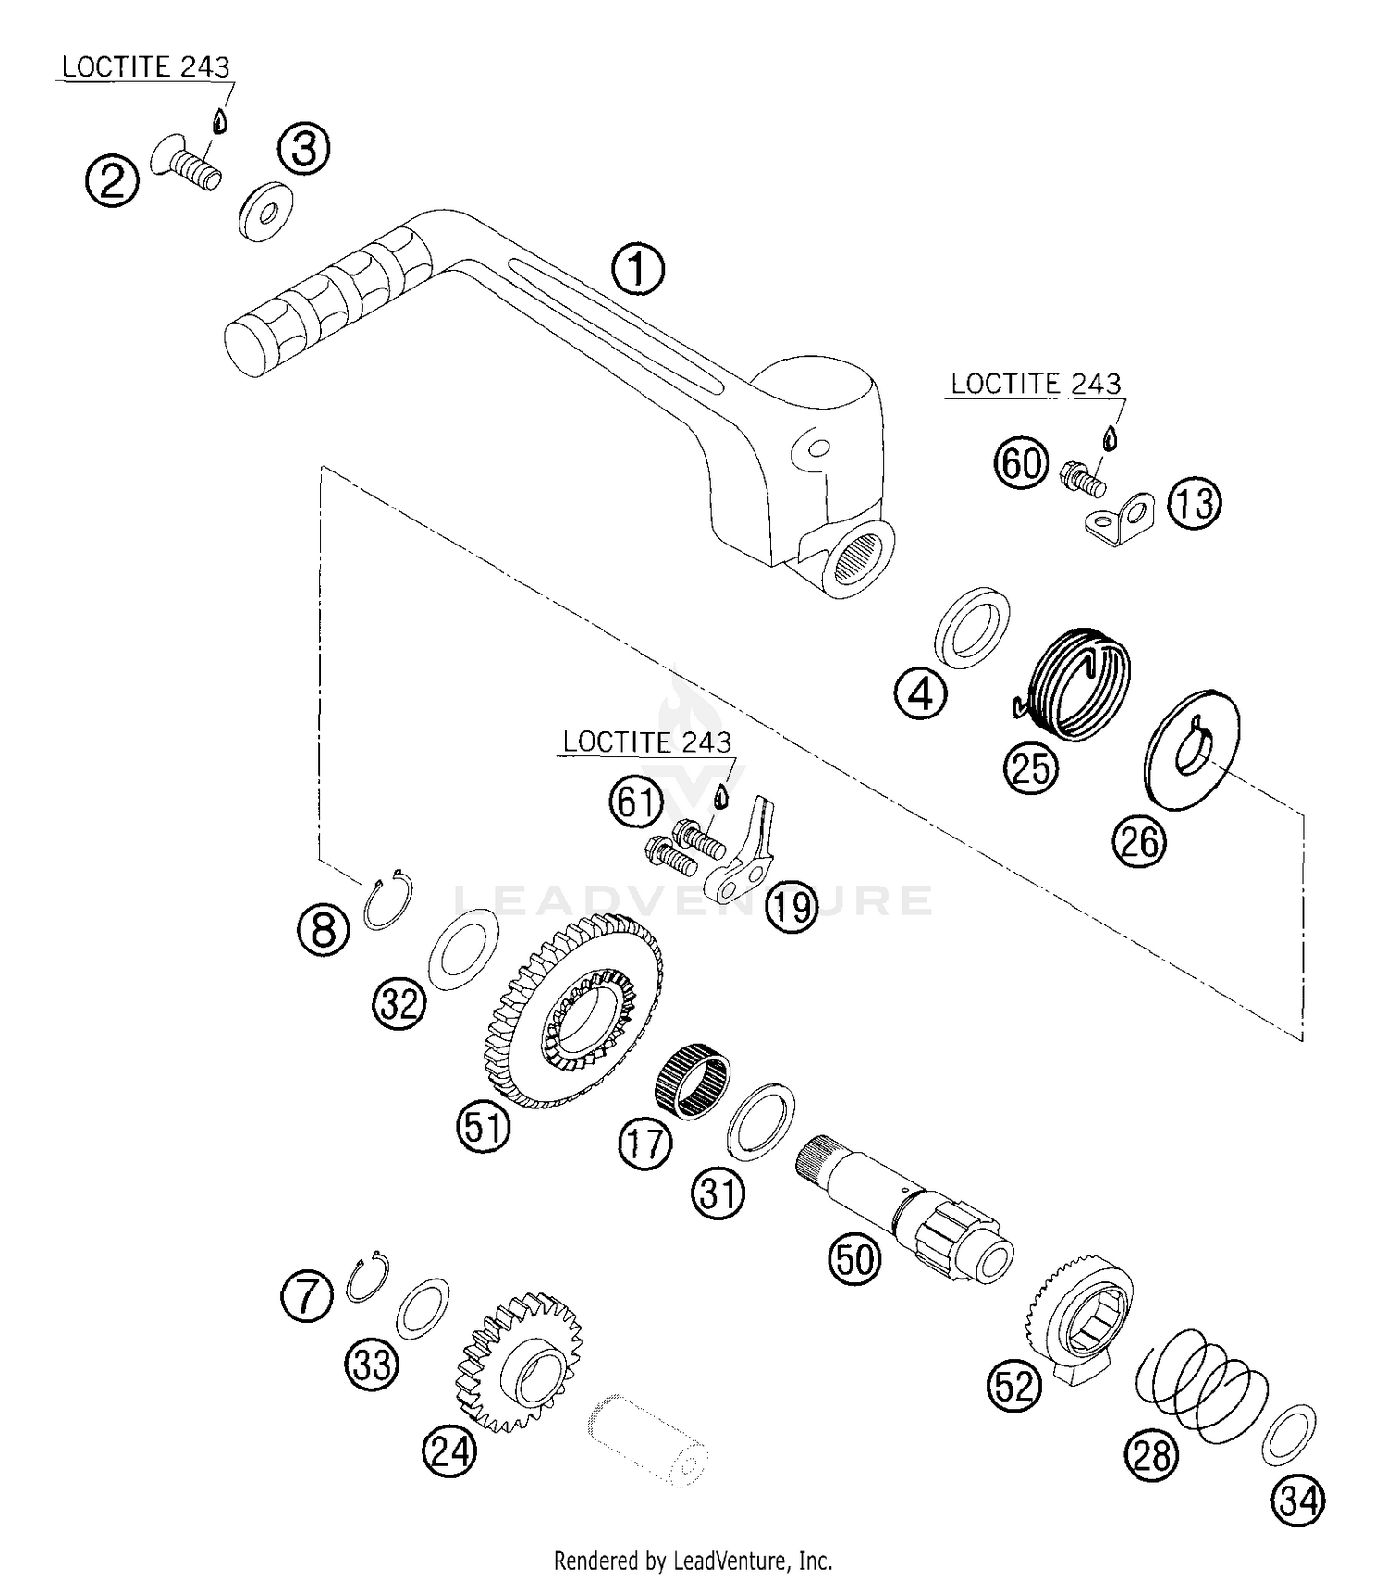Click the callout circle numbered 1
(638, 270)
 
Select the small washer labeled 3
(266, 214)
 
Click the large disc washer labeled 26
(1192, 749)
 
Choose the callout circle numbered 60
(1022, 462)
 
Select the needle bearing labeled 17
(693, 1079)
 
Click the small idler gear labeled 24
(520, 1362)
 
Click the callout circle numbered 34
(1298, 1500)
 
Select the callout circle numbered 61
(636, 802)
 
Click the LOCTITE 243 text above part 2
(145, 67)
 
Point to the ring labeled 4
(972, 626)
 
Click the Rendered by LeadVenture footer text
(693, 1561)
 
